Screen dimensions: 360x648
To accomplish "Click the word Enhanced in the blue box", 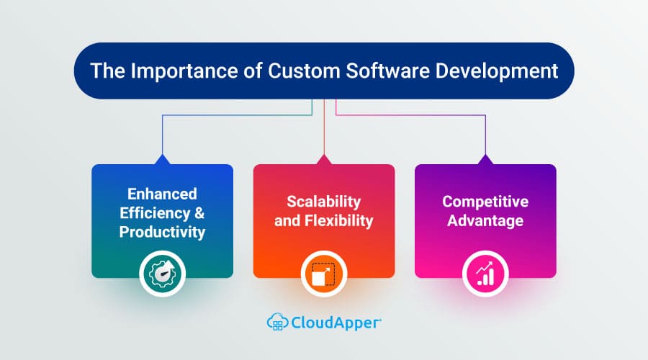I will pos(162,194).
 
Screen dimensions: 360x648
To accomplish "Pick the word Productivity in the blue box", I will pos(162,232).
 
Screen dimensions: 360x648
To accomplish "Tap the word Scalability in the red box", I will pos(324,201).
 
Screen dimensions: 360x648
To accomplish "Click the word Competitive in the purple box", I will pos(485,201).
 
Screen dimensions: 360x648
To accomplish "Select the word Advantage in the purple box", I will pos(485,220).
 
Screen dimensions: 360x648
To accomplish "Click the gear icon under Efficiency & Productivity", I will pos(162,274).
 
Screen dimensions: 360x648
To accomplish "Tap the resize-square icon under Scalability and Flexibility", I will pos(324,274).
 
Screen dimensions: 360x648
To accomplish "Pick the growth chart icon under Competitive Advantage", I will pos(485,274).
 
